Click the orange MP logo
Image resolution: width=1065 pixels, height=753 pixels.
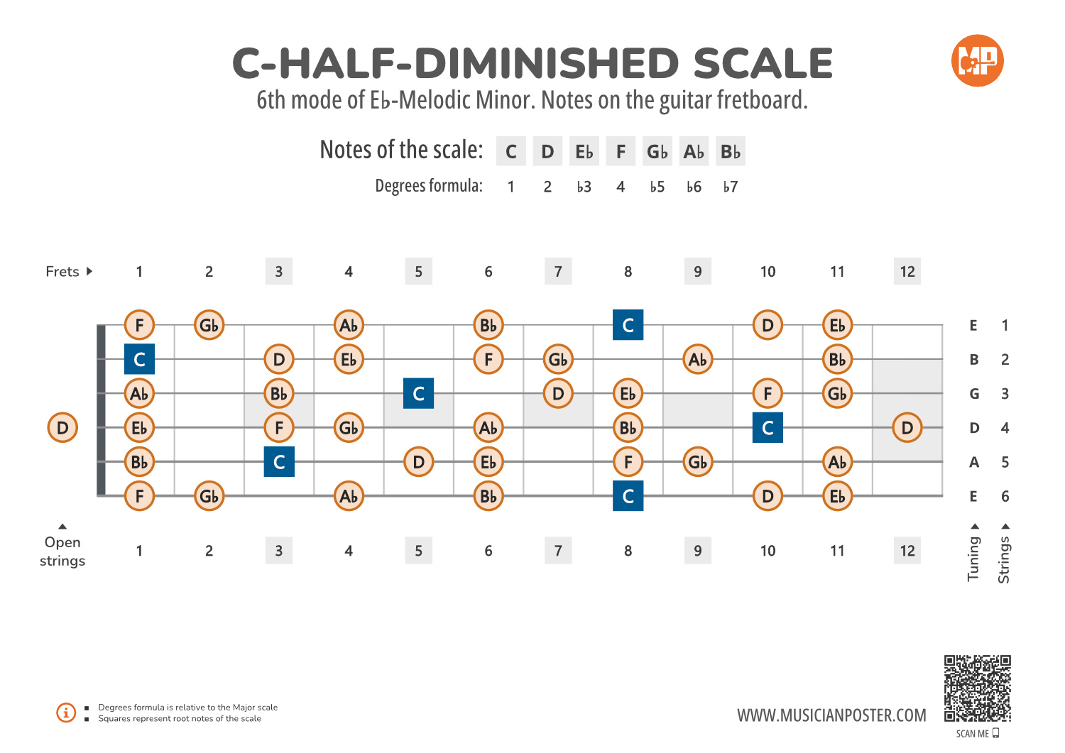[x=977, y=61]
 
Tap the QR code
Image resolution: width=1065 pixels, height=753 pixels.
[x=977, y=688]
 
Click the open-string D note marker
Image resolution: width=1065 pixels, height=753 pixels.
[x=62, y=428]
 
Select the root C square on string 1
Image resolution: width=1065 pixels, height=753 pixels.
[x=628, y=325]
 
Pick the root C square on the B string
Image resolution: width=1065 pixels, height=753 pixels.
[x=139, y=359]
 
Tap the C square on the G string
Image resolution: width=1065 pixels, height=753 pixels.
[x=418, y=393]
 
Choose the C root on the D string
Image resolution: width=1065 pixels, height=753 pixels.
[x=768, y=428]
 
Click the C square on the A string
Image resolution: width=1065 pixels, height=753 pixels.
[x=279, y=462]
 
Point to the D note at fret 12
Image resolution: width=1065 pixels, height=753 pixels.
[x=907, y=428]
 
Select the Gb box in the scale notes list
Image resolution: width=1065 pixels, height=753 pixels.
[x=657, y=151]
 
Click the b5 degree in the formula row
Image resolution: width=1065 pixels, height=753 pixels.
[x=657, y=187]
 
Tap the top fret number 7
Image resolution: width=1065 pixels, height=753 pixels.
[x=558, y=271]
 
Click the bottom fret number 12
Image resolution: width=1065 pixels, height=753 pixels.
[x=907, y=551]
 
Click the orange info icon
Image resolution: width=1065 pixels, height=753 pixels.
[x=66, y=713]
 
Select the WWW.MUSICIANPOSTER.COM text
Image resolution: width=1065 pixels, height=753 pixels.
[x=831, y=715]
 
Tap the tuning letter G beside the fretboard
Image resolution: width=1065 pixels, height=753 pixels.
[x=974, y=394]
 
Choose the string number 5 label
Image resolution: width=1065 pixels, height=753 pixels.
[x=1005, y=462]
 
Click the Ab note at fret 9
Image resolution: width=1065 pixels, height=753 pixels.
[x=698, y=359]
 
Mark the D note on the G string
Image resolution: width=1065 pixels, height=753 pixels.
[x=558, y=393]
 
